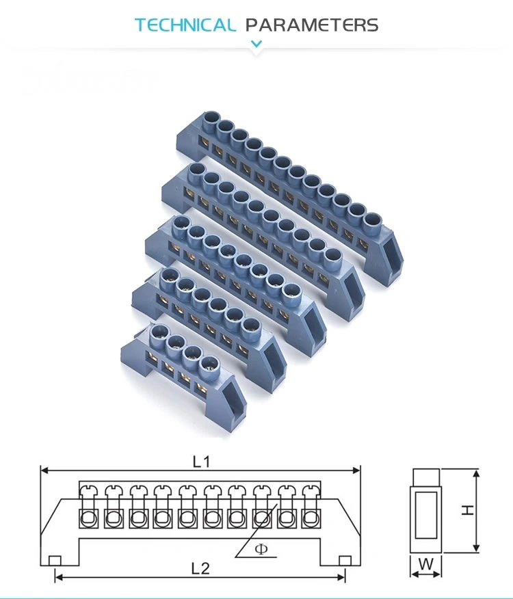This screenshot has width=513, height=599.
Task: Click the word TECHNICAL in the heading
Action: pos(185,26)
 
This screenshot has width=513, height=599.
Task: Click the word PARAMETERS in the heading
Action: pos(311,26)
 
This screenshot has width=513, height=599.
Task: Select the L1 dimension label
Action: pos(200,462)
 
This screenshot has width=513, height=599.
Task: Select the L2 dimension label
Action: pos(200,568)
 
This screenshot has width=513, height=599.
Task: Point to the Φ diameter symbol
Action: pos(261,549)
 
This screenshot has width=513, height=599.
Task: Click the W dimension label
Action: pos(426,565)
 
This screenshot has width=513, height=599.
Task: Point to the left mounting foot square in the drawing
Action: pos(55,561)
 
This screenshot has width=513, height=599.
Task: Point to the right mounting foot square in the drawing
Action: pos(345,561)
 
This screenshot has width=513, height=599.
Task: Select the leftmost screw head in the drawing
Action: pos(88,490)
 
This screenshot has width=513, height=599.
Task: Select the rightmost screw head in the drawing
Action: pos(312,490)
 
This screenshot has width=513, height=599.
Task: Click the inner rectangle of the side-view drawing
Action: pos(426,511)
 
